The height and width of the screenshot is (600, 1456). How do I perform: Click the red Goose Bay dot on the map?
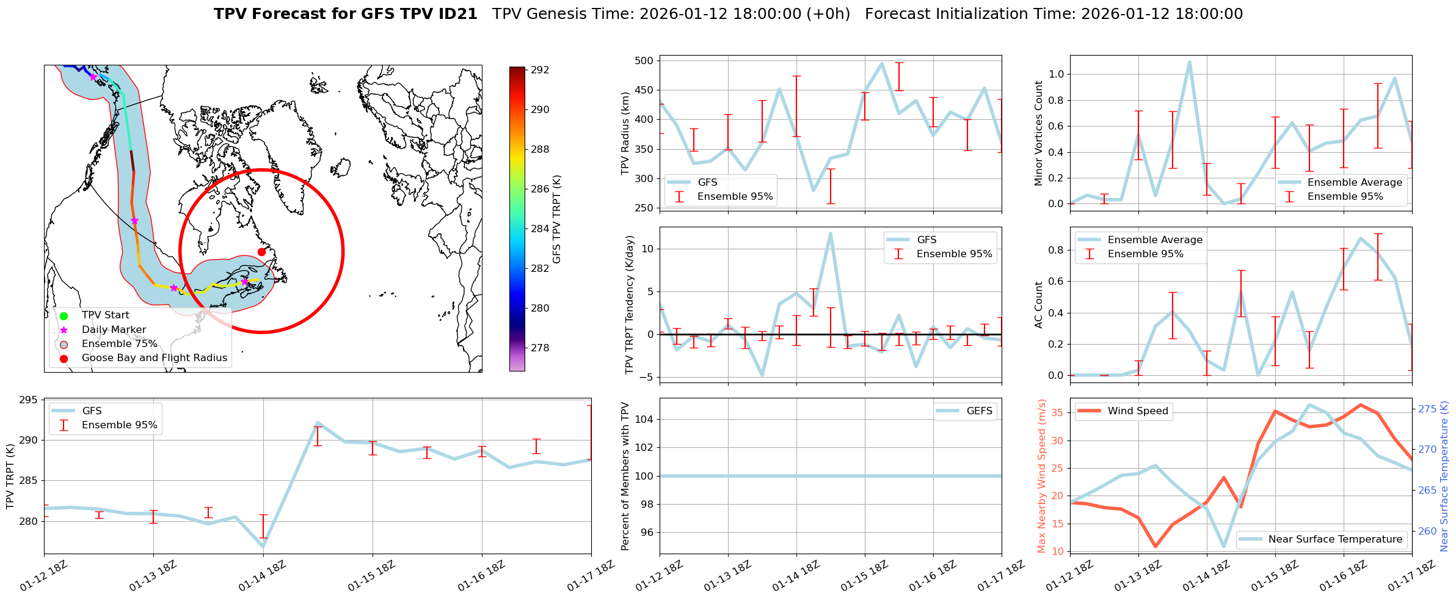click(x=261, y=252)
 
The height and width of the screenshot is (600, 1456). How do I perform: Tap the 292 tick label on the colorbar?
click(x=540, y=70)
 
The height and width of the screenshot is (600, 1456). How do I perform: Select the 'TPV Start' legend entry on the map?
click(x=105, y=315)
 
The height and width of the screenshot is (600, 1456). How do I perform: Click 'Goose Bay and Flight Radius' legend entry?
click(x=154, y=358)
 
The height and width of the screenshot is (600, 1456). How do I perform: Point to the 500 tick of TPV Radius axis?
click(x=644, y=60)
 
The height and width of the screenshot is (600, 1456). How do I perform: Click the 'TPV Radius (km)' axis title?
click(x=625, y=133)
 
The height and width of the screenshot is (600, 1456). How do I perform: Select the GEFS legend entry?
click(x=979, y=411)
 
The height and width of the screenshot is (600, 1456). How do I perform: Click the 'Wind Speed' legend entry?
click(x=1137, y=411)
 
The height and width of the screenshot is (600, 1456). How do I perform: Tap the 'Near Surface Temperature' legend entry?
click(x=1335, y=540)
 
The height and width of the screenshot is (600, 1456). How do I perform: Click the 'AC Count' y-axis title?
click(x=1039, y=305)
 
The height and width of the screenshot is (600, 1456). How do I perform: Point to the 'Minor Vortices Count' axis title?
click(x=1039, y=133)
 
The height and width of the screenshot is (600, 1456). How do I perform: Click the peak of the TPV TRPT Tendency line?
click(x=830, y=233)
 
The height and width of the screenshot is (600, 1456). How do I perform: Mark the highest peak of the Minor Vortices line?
click(x=1189, y=62)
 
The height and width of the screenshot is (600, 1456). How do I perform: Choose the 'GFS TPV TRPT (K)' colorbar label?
click(x=556, y=219)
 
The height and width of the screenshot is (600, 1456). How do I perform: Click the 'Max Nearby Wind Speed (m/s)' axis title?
click(x=1042, y=476)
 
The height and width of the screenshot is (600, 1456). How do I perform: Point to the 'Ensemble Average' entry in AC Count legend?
click(x=1154, y=240)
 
